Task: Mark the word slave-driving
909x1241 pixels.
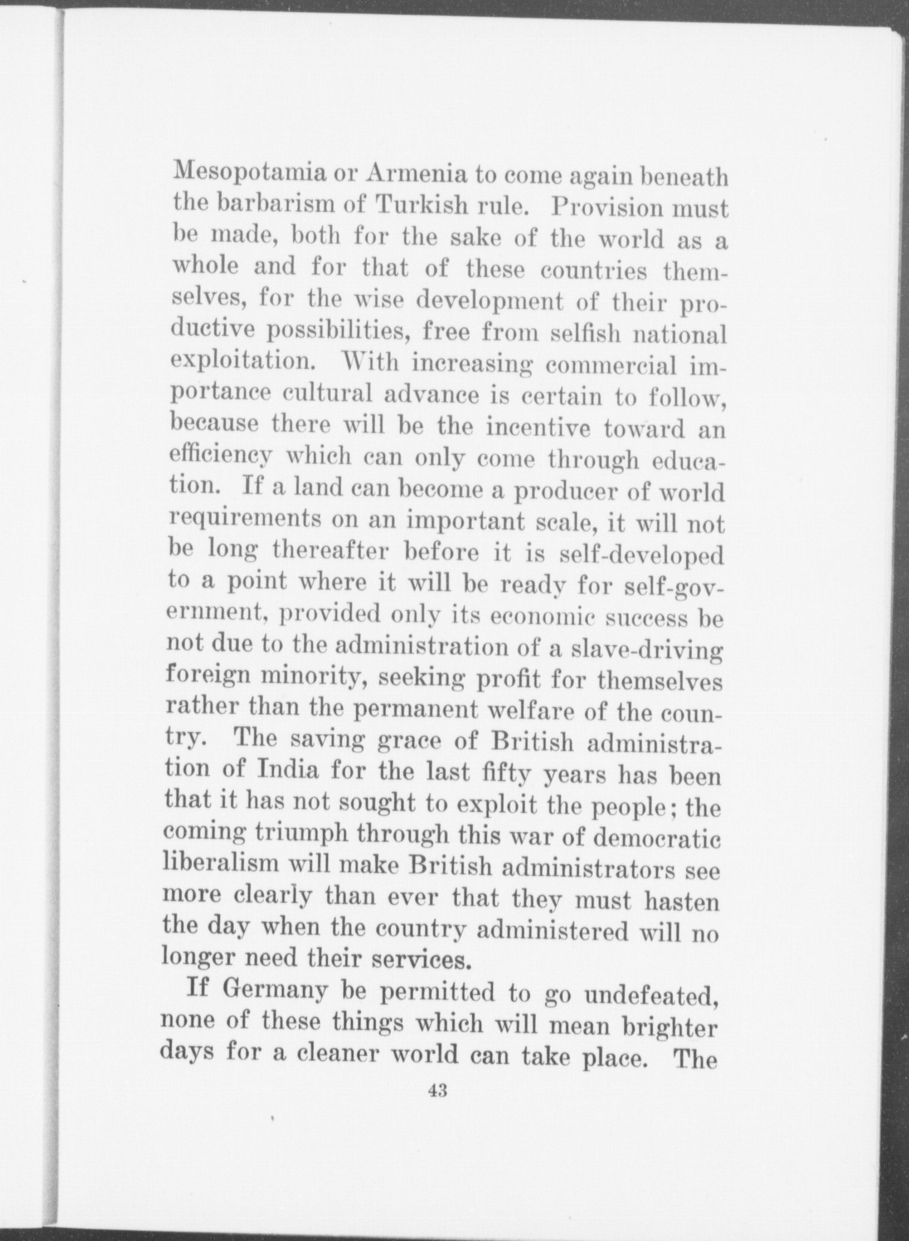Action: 646,650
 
